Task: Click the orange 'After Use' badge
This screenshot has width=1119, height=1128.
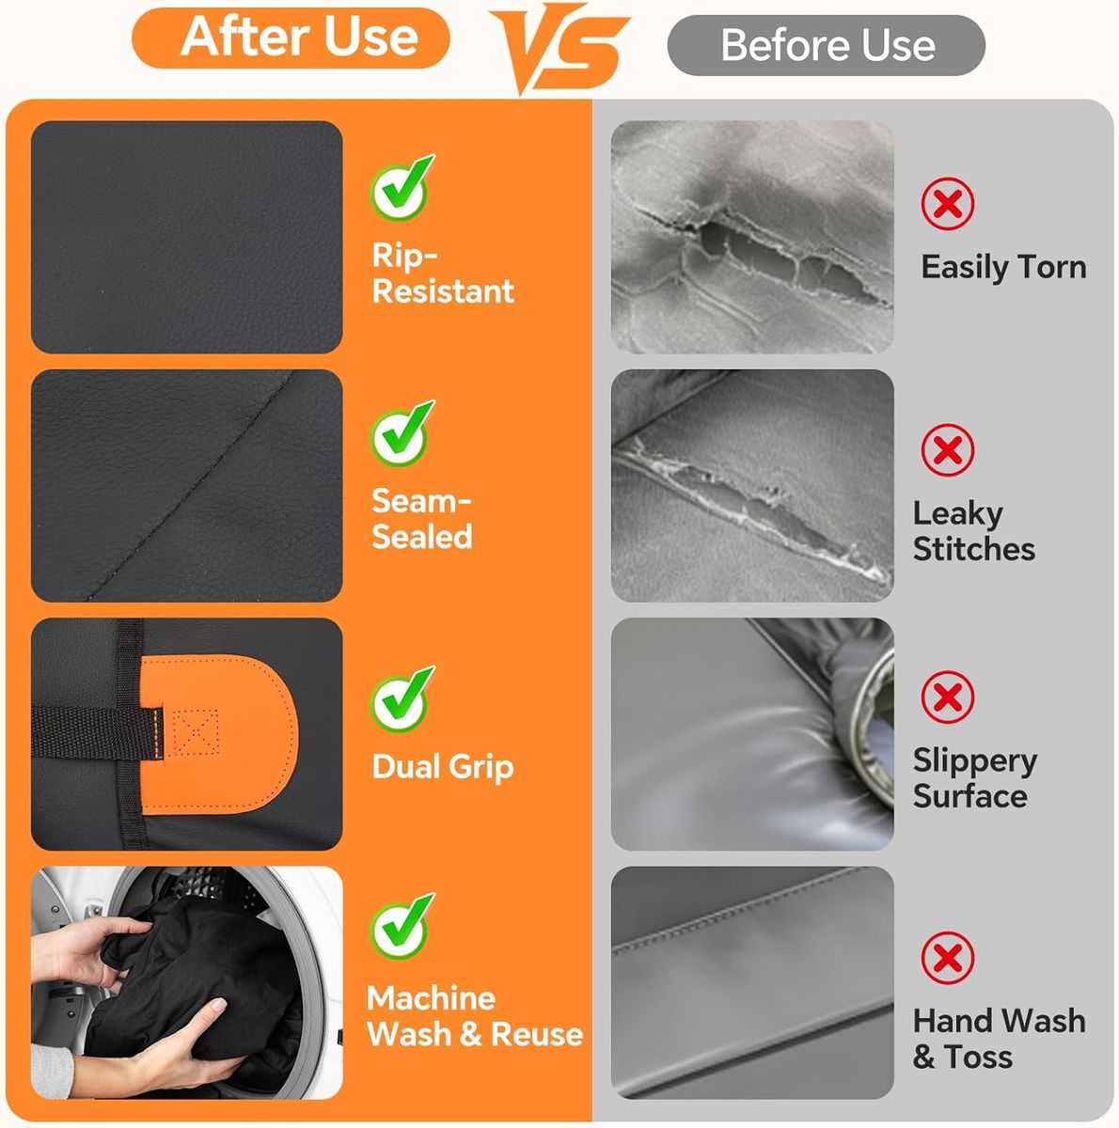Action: pos(291,38)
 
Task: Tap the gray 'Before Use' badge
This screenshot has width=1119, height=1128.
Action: pos(826,45)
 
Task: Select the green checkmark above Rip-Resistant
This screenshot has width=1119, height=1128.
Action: pos(402,187)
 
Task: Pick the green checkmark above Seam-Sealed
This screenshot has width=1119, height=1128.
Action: pos(402,433)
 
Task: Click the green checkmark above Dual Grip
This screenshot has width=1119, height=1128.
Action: pos(402,699)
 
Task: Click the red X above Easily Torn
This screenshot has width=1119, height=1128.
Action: pos(947,204)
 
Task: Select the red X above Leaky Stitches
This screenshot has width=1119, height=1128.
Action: pos(947,450)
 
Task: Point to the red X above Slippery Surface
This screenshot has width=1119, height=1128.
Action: pos(947,697)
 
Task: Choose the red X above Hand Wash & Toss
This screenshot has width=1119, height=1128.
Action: pos(947,958)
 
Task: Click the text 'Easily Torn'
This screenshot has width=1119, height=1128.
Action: pos(1003,268)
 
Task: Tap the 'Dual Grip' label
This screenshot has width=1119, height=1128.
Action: pos(443,767)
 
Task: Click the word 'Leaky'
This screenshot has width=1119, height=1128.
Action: pos(957,515)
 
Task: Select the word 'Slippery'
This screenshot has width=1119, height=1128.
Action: pos(975,761)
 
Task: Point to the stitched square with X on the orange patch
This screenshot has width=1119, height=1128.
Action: pos(196,731)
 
